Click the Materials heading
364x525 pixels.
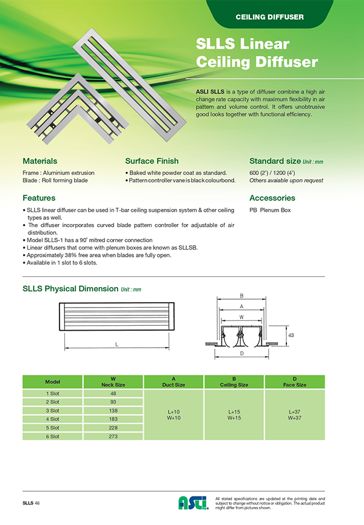40,161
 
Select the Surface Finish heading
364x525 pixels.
152,161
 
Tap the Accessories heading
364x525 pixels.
272,198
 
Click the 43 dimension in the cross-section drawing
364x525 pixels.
291,335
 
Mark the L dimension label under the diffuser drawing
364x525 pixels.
116,344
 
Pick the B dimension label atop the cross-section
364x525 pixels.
242,296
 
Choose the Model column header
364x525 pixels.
53,382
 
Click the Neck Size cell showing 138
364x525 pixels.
113,410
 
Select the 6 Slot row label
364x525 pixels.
53,435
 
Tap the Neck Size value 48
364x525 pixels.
113,393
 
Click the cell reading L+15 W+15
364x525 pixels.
234,414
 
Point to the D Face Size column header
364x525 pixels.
295,382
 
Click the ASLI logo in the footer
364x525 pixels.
193,502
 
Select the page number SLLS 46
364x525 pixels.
32,503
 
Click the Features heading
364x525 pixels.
39,198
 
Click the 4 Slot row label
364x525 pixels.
53,418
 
